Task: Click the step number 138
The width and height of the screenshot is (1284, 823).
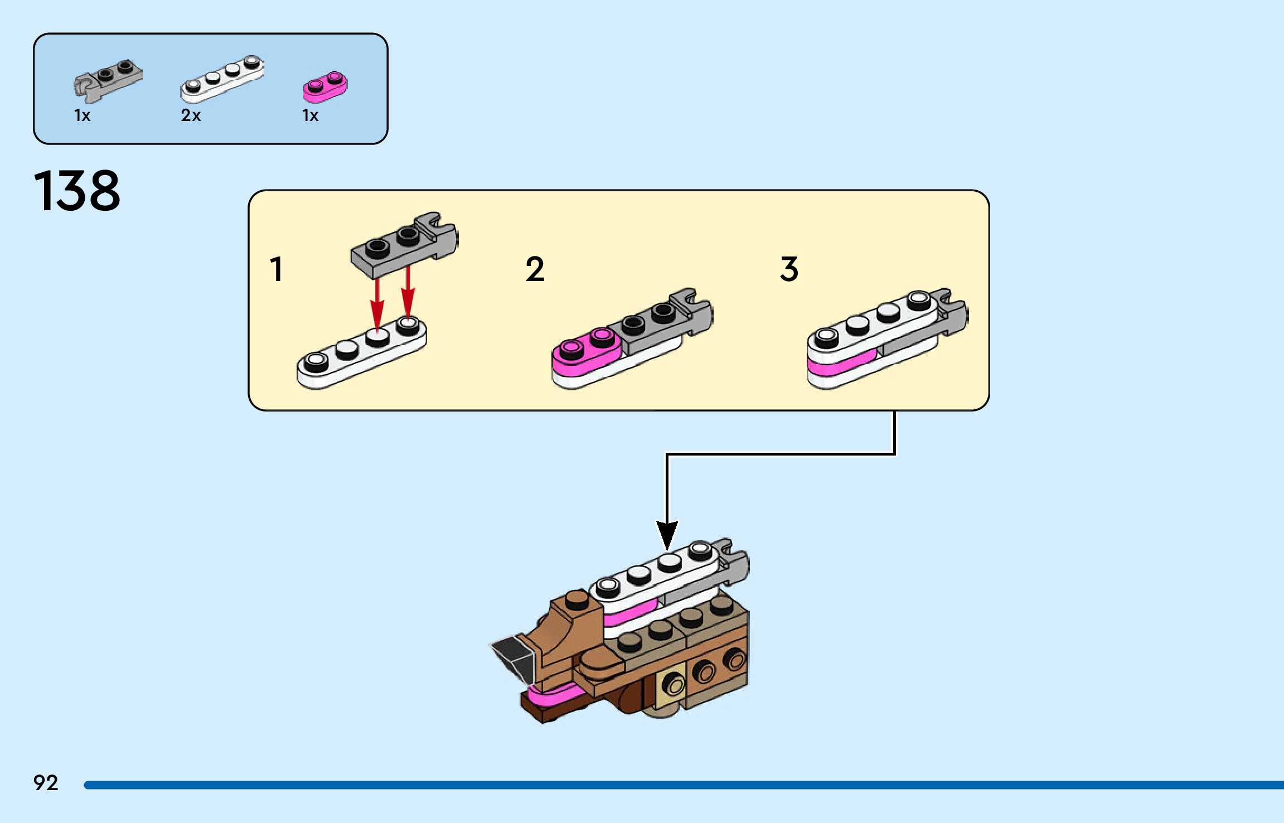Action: (77, 191)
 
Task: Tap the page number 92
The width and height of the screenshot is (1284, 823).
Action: (46, 783)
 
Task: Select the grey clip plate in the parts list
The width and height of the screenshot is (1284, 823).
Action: (108, 80)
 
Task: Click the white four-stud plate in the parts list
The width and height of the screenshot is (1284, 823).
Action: (222, 79)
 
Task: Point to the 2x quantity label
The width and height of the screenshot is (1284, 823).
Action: (191, 115)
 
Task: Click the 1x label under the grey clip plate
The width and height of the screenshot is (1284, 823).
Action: (82, 115)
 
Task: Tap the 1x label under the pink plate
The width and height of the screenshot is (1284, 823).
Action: (310, 115)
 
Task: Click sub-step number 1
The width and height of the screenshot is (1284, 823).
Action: (277, 269)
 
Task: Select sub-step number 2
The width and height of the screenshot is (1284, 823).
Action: (535, 269)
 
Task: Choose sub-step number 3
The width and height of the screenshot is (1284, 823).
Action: (789, 269)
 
